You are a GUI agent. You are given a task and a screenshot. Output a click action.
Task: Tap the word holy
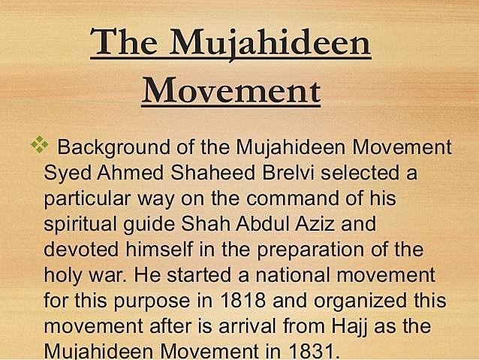pyautogui.click(x=62, y=277)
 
